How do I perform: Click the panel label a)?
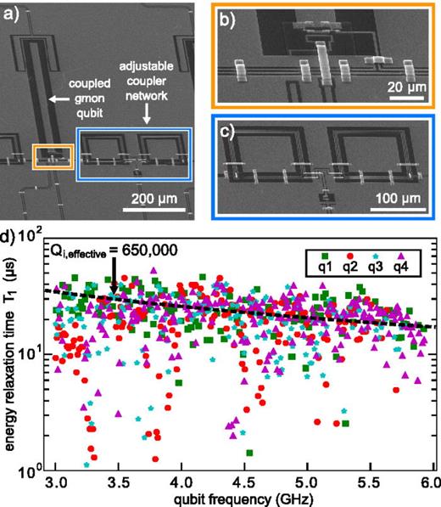11,14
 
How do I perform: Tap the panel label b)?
227,20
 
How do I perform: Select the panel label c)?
227,132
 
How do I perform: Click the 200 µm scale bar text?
154,199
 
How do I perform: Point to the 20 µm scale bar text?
407,87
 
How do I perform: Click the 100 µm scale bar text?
398,198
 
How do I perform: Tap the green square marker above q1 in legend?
325,256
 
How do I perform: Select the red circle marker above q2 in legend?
350,256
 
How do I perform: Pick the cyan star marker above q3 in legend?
375,256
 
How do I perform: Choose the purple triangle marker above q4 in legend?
400,256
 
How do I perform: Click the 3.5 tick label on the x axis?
119,483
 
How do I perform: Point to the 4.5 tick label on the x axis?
245,483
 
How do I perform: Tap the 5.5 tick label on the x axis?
371,483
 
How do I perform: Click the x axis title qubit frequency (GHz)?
243,499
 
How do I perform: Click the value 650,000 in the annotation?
149,250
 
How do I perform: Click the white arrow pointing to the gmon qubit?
59,99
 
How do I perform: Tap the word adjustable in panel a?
146,66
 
